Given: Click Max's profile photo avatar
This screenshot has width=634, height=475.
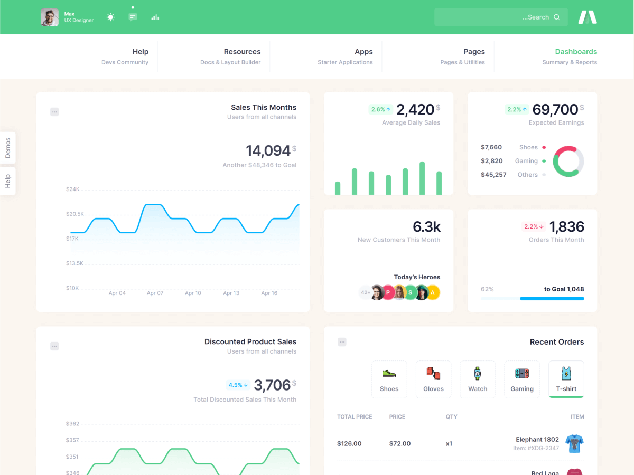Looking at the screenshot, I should point(50,17).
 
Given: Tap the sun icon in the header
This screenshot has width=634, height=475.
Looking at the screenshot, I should point(110,17).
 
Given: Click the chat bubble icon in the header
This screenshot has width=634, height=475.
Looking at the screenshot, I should point(133,17).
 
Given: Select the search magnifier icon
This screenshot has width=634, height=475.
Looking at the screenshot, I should point(556,17).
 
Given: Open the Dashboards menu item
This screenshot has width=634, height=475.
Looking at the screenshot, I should point(575,52).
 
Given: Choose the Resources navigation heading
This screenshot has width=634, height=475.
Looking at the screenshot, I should point(242,52).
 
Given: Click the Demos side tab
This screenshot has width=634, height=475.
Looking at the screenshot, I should point(8,148).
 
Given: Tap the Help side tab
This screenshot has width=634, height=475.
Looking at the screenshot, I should point(8,181).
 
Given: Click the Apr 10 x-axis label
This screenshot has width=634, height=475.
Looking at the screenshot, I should point(193,293).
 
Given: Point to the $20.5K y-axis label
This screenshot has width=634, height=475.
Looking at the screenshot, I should point(75,214).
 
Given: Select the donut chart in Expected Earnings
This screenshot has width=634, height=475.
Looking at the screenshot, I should point(568,161).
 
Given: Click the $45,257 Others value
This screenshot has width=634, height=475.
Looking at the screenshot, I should point(493,175).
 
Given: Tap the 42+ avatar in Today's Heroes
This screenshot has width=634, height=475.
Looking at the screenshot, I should point(365,292).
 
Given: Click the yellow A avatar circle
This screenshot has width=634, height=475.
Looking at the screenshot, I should point(433,292).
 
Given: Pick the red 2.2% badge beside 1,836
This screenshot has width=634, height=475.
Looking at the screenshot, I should point(533,226).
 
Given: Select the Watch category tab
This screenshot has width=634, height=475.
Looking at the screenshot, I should point(478,379).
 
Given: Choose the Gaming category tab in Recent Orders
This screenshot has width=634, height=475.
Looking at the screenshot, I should point(522,379).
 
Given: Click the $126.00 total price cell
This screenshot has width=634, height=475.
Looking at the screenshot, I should point(349,443).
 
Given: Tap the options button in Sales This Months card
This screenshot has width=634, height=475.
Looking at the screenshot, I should point(54,112).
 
